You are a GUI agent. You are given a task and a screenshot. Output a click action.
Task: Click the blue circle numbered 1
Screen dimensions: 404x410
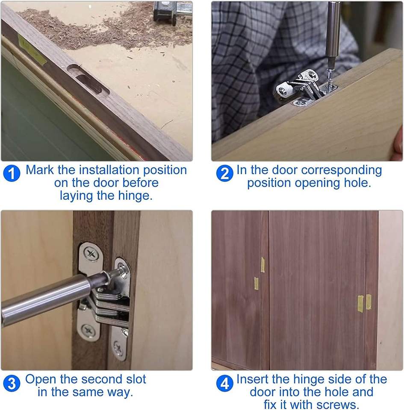[12, 173]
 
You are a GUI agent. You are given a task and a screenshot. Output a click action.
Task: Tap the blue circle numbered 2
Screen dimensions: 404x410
[225, 173]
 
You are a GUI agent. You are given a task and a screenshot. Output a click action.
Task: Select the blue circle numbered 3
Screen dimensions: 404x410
[12, 384]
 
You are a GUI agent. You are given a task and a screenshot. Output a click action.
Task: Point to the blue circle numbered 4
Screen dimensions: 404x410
[225, 384]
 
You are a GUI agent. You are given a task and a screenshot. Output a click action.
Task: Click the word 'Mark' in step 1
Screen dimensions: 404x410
[40, 170]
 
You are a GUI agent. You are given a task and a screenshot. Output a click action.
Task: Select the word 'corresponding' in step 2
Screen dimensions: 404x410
[342, 170]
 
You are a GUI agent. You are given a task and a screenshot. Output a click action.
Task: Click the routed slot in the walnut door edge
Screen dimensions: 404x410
[88, 80]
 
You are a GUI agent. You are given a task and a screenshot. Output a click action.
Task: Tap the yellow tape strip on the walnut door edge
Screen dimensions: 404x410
[32, 50]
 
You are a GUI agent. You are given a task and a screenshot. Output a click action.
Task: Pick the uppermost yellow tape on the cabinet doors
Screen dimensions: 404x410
[262, 265]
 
